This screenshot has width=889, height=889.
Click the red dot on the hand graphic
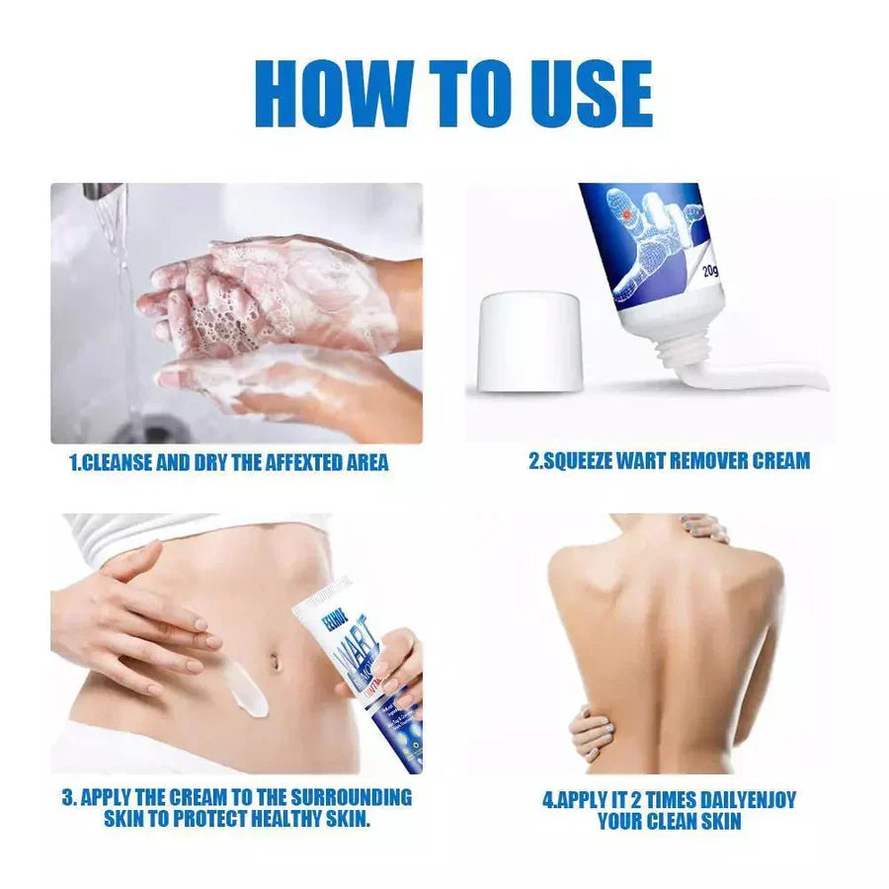[623, 214]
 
